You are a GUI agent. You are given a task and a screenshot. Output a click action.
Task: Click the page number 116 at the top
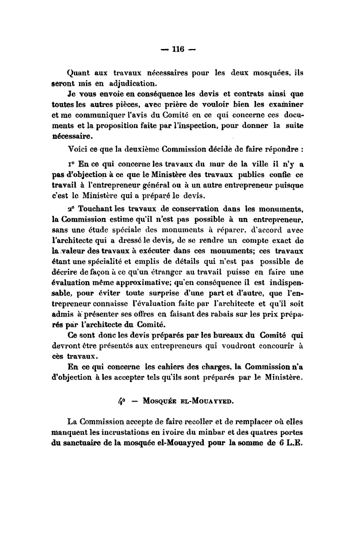178,49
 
